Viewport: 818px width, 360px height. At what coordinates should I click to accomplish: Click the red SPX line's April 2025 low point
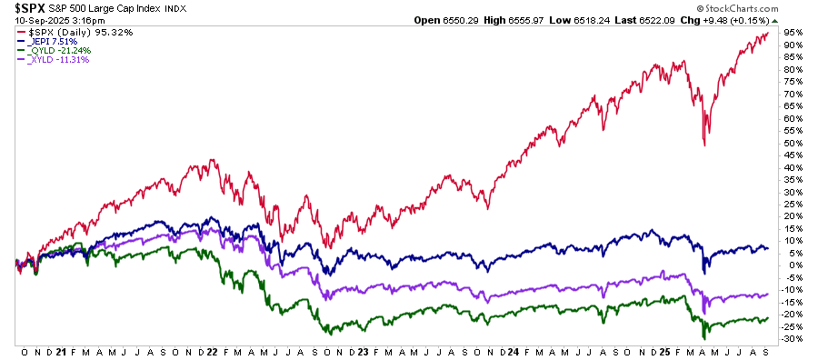point(704,145)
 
